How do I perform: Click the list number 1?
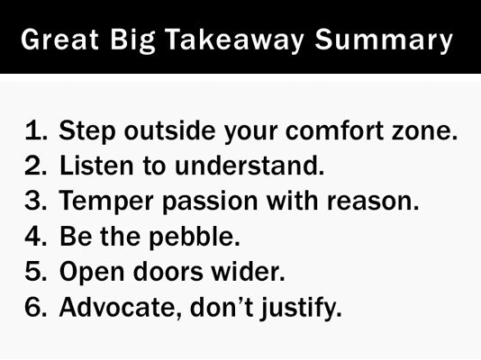(35, 130)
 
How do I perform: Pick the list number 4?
(35, 236)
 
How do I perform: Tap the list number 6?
(35, 306)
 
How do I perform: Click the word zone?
(427, 130)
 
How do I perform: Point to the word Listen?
(93, 166)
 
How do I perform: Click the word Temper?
(102, 201)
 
